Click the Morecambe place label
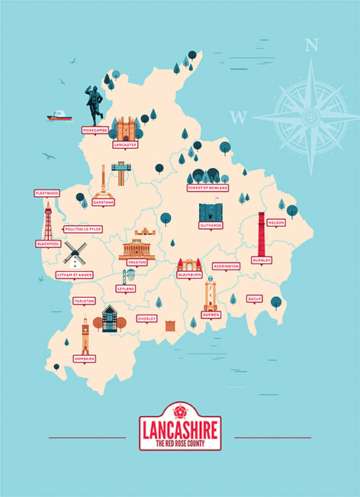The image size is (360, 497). pyautogui.click(x=95, y=131)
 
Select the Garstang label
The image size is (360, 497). pyautogui.click(x=103, y=202)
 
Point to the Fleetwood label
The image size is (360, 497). pyautogui.click(x=47, y=194)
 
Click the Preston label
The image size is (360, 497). pyautogui.click(x=137, y=262)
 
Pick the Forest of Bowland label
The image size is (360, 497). pyautogui.click(x=207, y=187)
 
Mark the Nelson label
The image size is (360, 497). pyautogui.click(x=276, y=222)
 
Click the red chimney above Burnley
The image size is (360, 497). pyautogui.click(x=262, y=234)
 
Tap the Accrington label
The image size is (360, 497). pyautogui.click(x=226, y=266)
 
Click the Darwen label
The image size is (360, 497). pyautogui.click(x=211, y=314)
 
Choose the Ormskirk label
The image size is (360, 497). pyautogui.click(x=84, y=358)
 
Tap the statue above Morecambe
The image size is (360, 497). pyautogui.click(x=94, y=104)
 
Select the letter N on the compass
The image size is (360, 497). pyautogui.click(x=310, y=45)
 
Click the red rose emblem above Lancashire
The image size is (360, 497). pyautogui.click(x=180, y=408)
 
